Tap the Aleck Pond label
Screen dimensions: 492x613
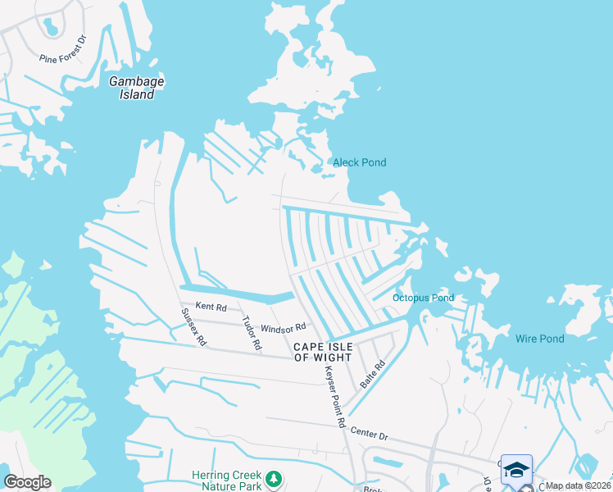(359, 162)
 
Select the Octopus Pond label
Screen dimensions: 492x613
(423, 298)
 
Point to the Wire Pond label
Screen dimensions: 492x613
(539, 339)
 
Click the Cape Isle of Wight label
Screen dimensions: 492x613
(323, 352)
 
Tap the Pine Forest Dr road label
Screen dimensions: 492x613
(62, 49)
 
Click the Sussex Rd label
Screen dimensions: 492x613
(193, 327)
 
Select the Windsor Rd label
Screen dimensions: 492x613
(283, 327)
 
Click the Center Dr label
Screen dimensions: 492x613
(368, 432)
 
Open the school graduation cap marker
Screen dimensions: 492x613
(516, 469)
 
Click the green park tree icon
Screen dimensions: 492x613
(275, 477)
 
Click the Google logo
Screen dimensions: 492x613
(27, 482)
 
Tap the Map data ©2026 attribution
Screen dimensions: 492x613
(578, 485)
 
